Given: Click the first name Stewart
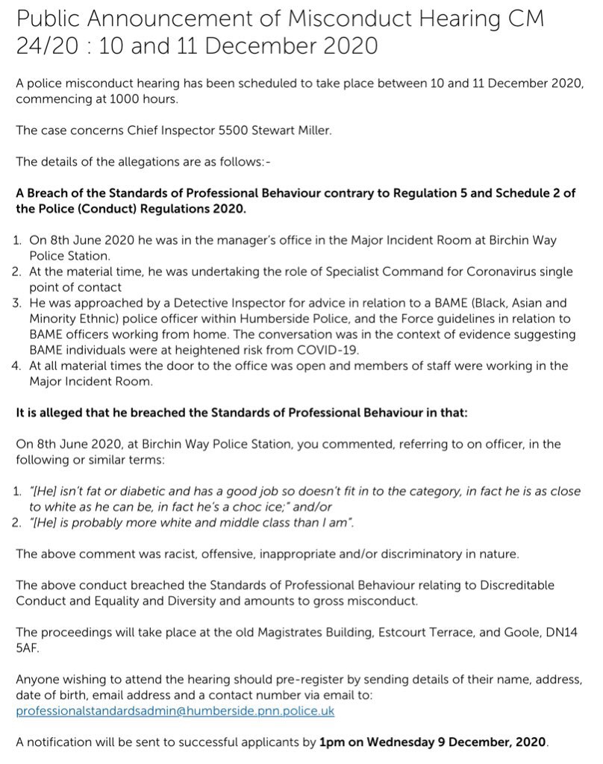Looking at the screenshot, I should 247,131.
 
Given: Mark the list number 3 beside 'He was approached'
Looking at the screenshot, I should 19,304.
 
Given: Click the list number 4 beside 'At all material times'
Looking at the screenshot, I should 19,366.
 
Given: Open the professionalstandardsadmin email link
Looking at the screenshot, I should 175,711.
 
